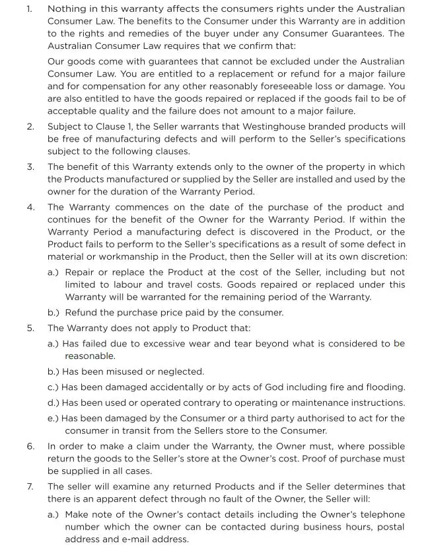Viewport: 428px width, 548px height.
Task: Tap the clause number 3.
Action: pyautogui.click(x=30, y=167)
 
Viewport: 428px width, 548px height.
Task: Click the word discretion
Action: pyautogui.click(x=380, y=256)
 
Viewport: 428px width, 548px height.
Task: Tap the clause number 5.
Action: pyautogui.click(x=30, y=328)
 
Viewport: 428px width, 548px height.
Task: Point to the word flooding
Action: pyautogui.click(x=382, y=387)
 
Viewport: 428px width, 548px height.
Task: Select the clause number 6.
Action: pyautogui.click(x=30, y=446)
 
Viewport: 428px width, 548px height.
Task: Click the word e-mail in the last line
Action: pyautogui.click(x=155, y=539)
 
